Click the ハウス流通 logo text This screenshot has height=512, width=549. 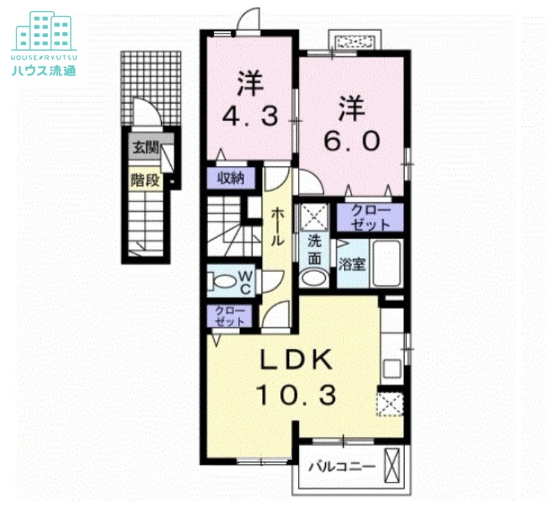[x=43, y=69]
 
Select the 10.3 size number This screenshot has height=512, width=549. [x=295, y=395]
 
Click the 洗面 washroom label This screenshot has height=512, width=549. [x=314, y=249]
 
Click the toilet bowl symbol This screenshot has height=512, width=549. [x=223, y=281]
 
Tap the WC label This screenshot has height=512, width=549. [x=245, y=281]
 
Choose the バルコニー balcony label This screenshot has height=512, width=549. [x=341, y=467]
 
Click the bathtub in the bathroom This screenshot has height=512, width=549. [x=387, y=265]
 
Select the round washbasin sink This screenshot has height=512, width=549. [x=314, y=278]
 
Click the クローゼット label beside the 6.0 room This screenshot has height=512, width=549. [x=370, y=217]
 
